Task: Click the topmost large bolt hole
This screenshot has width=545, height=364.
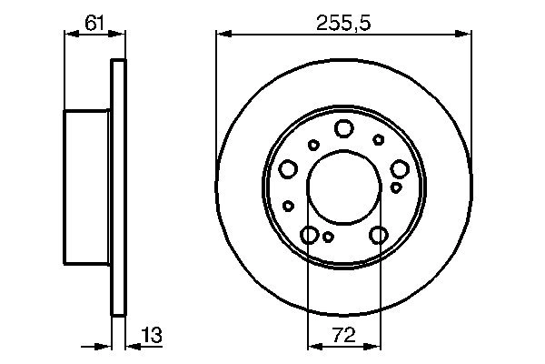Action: pos(343,128)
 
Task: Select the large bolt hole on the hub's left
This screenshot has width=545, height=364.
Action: pos(289,168)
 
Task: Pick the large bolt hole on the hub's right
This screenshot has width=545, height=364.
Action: pos(399,168)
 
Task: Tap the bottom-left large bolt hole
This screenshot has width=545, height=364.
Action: pos(310,236)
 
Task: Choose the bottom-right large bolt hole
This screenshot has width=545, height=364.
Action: pos(379,236)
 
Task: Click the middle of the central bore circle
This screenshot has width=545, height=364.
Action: pos(343,188)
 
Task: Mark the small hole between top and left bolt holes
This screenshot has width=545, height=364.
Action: pos(313,144)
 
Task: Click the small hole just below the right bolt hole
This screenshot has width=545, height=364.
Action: pos(396,187)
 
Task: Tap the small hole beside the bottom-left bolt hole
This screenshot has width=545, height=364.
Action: pos(329,237)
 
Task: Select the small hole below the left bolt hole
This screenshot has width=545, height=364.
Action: pos(287,205)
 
